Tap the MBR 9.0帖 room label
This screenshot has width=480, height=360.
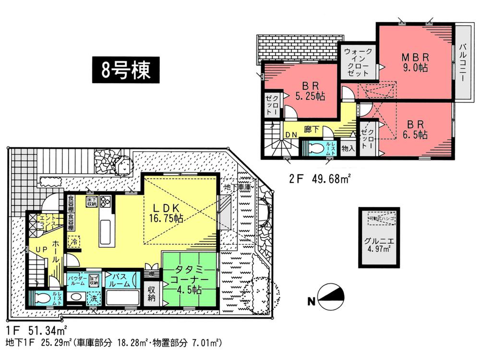(415, 61)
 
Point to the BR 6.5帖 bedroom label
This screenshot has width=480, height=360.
(413, 130)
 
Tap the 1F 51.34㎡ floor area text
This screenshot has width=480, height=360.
(36, 331)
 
